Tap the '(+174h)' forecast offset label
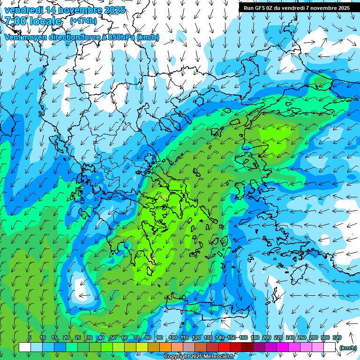click(x=83, y=21)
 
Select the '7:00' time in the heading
click(x=15, y=21)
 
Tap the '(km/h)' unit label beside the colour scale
click(x=347, y=348)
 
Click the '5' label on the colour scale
click(x=30, y=337)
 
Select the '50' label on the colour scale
click(x=112, y=337)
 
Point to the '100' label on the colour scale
click(x=173, y=337)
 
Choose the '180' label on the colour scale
click(x=255, y=337)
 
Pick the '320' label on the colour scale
click(x=337, y=337)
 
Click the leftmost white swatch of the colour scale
click(x=25, y=347)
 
